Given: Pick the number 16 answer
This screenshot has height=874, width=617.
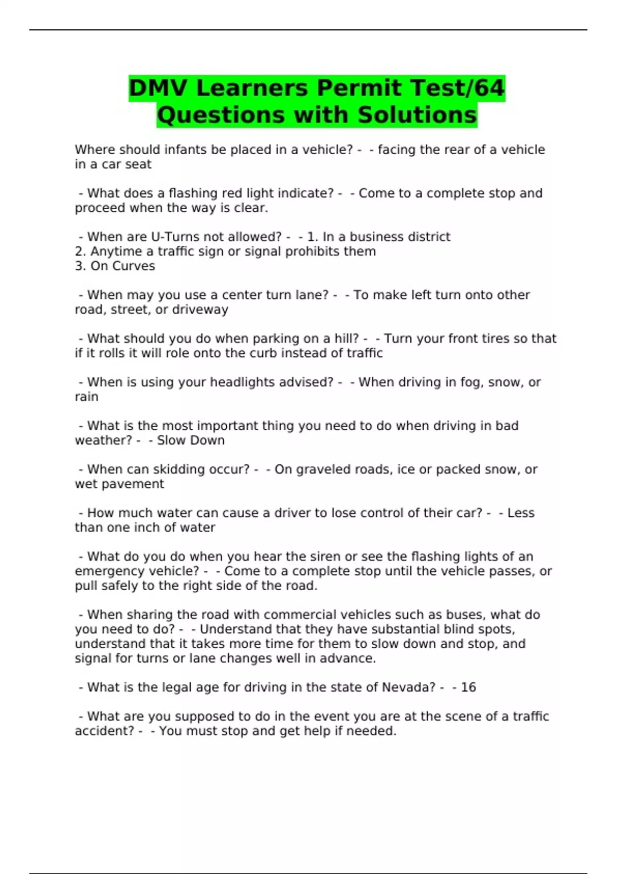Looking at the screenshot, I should click(x=468, y=687).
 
